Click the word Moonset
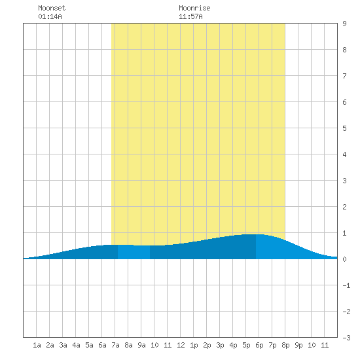point(52,8)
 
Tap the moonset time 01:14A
point(50,16)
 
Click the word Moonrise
point(194,8)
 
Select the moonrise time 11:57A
point(190,16)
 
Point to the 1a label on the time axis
point(37,345)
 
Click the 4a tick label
point(76,345)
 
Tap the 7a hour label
point(115,345)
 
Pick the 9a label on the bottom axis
point(141,345)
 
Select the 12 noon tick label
point(181,345)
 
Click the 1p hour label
point(194,345)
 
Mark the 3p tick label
point(220,345)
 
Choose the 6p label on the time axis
point(259,345)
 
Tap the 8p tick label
point(285,345)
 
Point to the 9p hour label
point(298,345)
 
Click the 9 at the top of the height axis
point(344,24)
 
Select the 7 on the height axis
point(344,76)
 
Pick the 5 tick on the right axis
point(344,128)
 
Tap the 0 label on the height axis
point(344,259)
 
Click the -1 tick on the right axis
point(346,285)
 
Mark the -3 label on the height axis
point(346,338)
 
